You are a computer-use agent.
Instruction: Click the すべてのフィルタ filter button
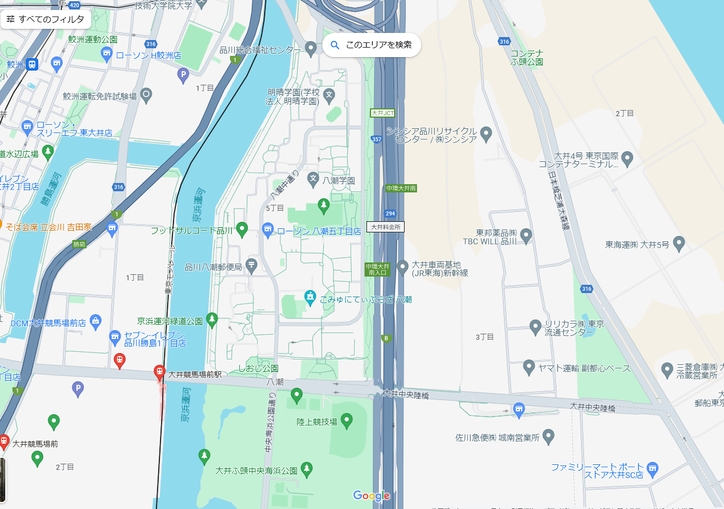46,19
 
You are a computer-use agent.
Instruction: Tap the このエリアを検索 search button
372,45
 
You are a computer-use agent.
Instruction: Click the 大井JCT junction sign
383,112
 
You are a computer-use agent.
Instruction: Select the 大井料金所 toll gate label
386,226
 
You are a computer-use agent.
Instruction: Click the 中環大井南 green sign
402,188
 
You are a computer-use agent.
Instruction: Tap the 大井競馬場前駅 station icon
159,372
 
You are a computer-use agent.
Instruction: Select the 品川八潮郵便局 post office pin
252,265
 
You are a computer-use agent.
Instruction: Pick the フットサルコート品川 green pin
242,228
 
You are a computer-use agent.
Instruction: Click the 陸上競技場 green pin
346,420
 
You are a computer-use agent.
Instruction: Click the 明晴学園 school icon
329,94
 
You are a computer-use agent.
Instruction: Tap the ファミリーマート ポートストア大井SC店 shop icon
652,468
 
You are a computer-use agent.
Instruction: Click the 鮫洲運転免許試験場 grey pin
146,94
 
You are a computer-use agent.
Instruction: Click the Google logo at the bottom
372,495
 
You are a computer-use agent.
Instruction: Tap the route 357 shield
377,139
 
